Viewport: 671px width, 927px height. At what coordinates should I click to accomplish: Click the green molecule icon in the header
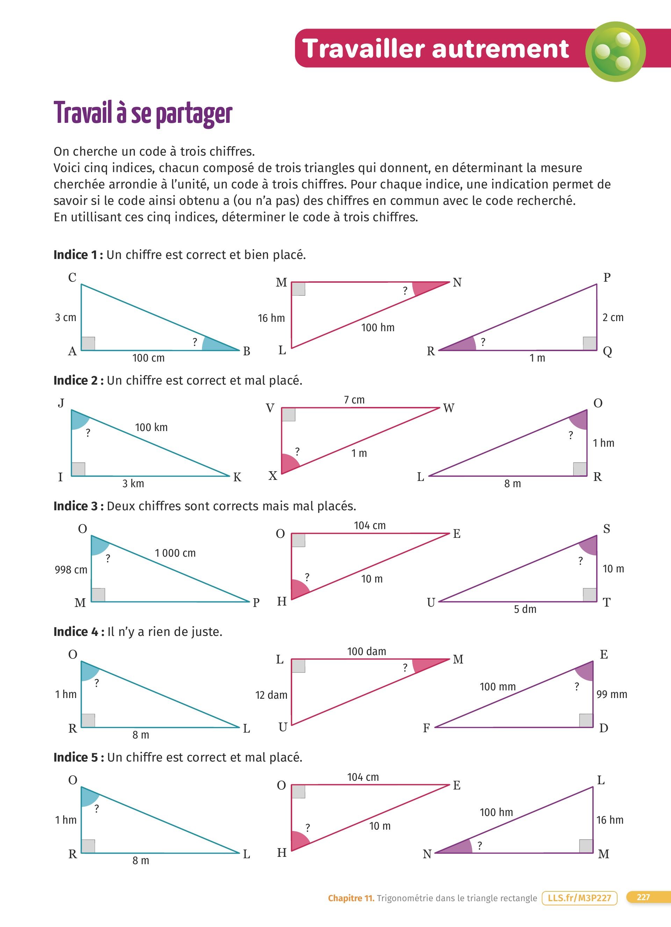(615, 52)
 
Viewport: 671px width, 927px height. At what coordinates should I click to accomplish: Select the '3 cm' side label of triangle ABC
(65, 318)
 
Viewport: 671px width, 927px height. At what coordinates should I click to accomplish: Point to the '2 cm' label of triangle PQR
(613, 318)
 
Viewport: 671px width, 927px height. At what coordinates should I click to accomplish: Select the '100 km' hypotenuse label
(151, 428)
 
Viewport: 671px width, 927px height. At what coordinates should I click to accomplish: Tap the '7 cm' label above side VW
(354, 400)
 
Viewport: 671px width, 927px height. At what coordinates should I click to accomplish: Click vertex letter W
(449, 408)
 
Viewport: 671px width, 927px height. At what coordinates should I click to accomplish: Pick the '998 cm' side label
(71, 569)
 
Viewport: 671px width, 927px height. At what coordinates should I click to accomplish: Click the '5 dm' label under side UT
(525, 609)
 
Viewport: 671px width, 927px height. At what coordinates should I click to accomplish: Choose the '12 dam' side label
(271, 695)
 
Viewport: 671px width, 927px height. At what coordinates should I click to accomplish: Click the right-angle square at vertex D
(586, 720)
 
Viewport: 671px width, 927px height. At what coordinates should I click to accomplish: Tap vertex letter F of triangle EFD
(426, 728)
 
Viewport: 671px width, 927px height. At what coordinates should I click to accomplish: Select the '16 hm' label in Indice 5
(609, 820)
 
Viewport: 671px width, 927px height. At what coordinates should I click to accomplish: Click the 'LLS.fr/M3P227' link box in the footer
(579, 898)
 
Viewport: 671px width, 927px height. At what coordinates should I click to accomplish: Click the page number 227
(643, 897)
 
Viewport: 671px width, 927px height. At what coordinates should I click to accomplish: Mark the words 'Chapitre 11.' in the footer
(351, 898)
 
